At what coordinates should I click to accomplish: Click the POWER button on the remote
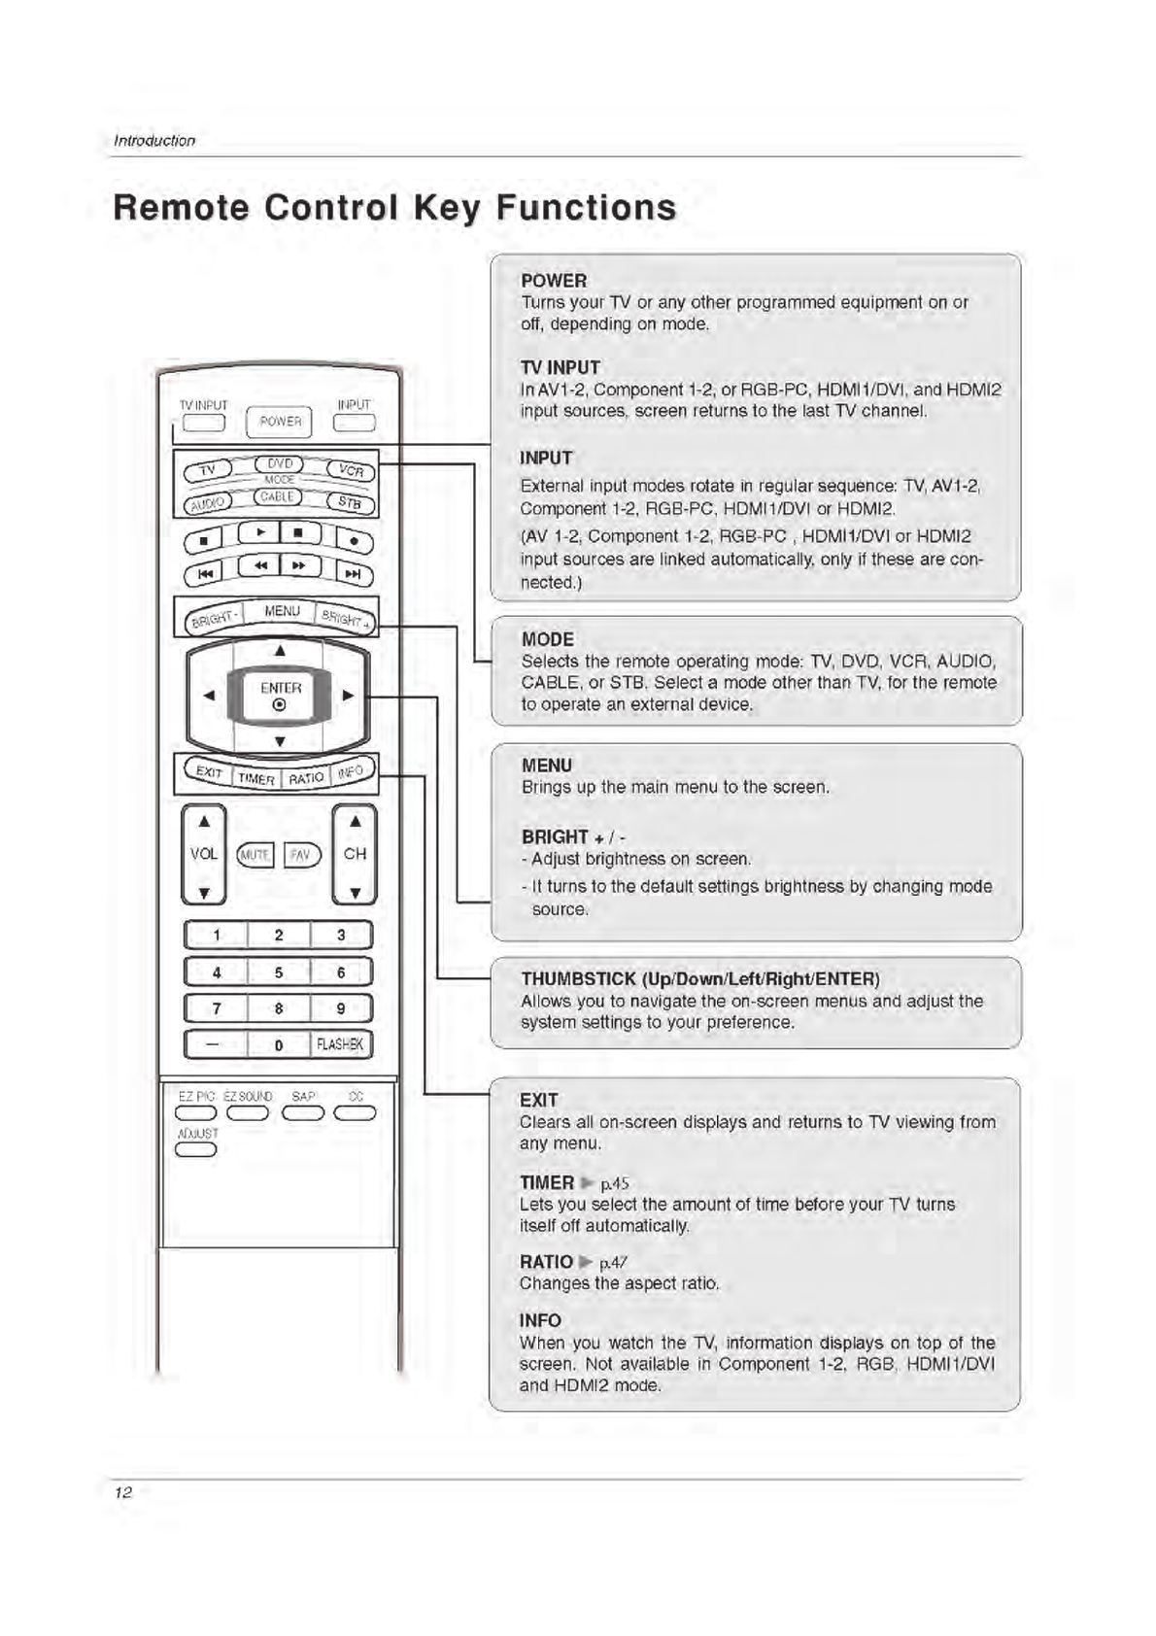tap(280, 422)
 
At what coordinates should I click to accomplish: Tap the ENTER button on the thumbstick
tap(280, 694)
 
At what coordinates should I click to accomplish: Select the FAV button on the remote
tap(301, 855)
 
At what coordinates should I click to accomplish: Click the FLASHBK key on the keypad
tap(340, 1044)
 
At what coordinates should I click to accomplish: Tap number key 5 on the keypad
tap(279, 971)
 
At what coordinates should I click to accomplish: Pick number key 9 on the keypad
tap(340, 1008)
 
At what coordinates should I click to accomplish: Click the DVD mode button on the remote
tap(279, 464)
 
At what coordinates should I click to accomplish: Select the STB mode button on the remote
tap(350, 502)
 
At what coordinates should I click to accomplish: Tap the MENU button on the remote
tap(282, 611)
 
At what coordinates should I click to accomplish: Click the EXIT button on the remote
tap(209, 772)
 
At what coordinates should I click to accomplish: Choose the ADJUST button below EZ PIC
tap(195, 1150)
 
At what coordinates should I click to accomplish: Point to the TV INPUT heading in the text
tap(561, 367)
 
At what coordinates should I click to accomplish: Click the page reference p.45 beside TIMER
tap(615, 1183)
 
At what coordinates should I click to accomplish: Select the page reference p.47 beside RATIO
tap(613, 1262)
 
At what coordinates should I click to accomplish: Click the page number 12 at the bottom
tap(122, 1492)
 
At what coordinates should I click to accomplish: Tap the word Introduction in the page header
tap(154, 141)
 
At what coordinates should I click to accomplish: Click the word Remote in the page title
tap(181, 207)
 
